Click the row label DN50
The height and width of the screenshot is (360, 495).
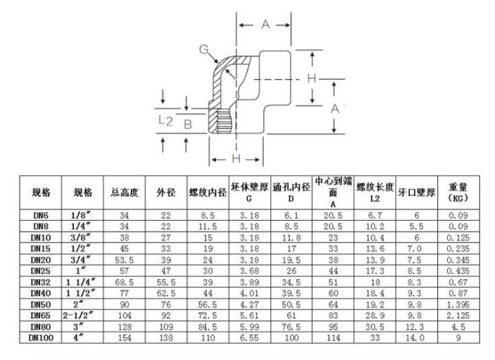point(40,304)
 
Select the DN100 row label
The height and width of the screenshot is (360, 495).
point(41,338)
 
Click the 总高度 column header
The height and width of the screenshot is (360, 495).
point(124,192)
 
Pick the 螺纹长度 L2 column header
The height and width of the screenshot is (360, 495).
point(375,192)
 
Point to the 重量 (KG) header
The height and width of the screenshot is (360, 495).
point(458,192)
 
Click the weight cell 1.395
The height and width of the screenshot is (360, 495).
point(458,304)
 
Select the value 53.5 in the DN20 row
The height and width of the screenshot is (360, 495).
point(124,260)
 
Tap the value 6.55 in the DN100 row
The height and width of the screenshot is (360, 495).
point(250,338)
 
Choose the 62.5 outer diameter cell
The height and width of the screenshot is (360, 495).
point(166,293)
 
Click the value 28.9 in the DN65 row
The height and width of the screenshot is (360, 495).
point(375,316)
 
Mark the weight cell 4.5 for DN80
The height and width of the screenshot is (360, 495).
point(458,327)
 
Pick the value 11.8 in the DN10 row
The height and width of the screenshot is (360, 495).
point(291,238)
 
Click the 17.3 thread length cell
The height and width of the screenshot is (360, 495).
point(375,271)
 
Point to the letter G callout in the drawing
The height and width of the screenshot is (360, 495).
point(204,49)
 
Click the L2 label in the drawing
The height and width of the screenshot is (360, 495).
point(165,120)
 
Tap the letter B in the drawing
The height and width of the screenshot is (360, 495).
point(188,124)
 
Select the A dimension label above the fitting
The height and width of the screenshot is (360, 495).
point(266,24)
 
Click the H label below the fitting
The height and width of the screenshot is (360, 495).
point(236,159)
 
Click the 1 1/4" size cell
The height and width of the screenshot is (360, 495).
point(81,282)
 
